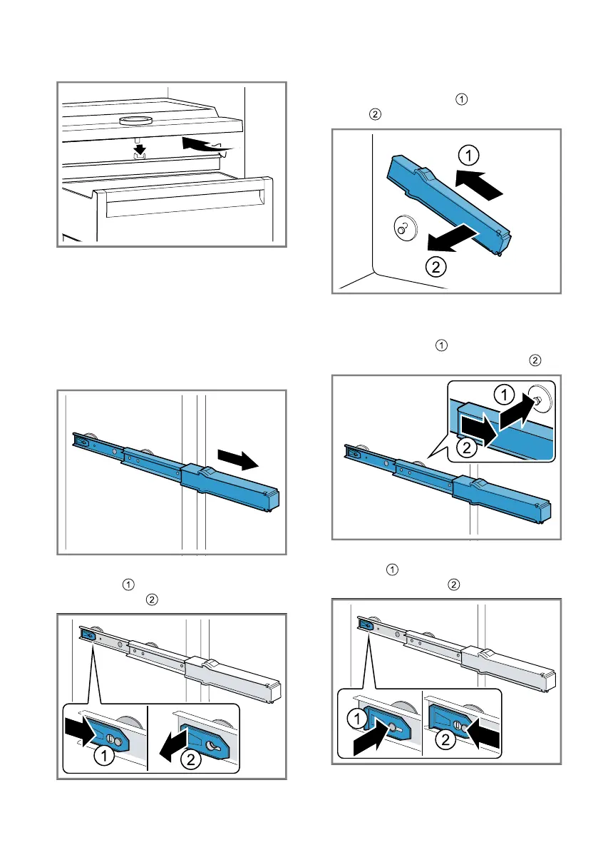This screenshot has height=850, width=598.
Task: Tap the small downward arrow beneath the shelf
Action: (140, 148)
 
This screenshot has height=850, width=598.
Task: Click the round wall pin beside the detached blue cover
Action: (403, 228)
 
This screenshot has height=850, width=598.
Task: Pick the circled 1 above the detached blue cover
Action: (469, 156)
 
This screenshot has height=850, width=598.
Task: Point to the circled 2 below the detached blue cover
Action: (436, 267)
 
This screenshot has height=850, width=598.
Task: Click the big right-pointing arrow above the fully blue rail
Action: (238, 459)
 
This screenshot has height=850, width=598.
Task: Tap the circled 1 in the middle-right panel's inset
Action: (505, 394)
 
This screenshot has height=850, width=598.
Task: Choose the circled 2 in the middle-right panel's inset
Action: (466, 447)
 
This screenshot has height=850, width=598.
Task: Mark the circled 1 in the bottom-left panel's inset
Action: (104, 755)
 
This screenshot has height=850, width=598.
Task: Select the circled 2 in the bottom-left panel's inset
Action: (190, 759)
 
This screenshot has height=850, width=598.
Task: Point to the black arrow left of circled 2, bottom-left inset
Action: (173, 744)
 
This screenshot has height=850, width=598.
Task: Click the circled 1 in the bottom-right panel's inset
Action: (356, 719)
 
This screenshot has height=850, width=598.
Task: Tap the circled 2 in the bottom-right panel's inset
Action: (445, 739)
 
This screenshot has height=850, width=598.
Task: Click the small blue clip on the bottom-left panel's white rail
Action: (86, 633)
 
